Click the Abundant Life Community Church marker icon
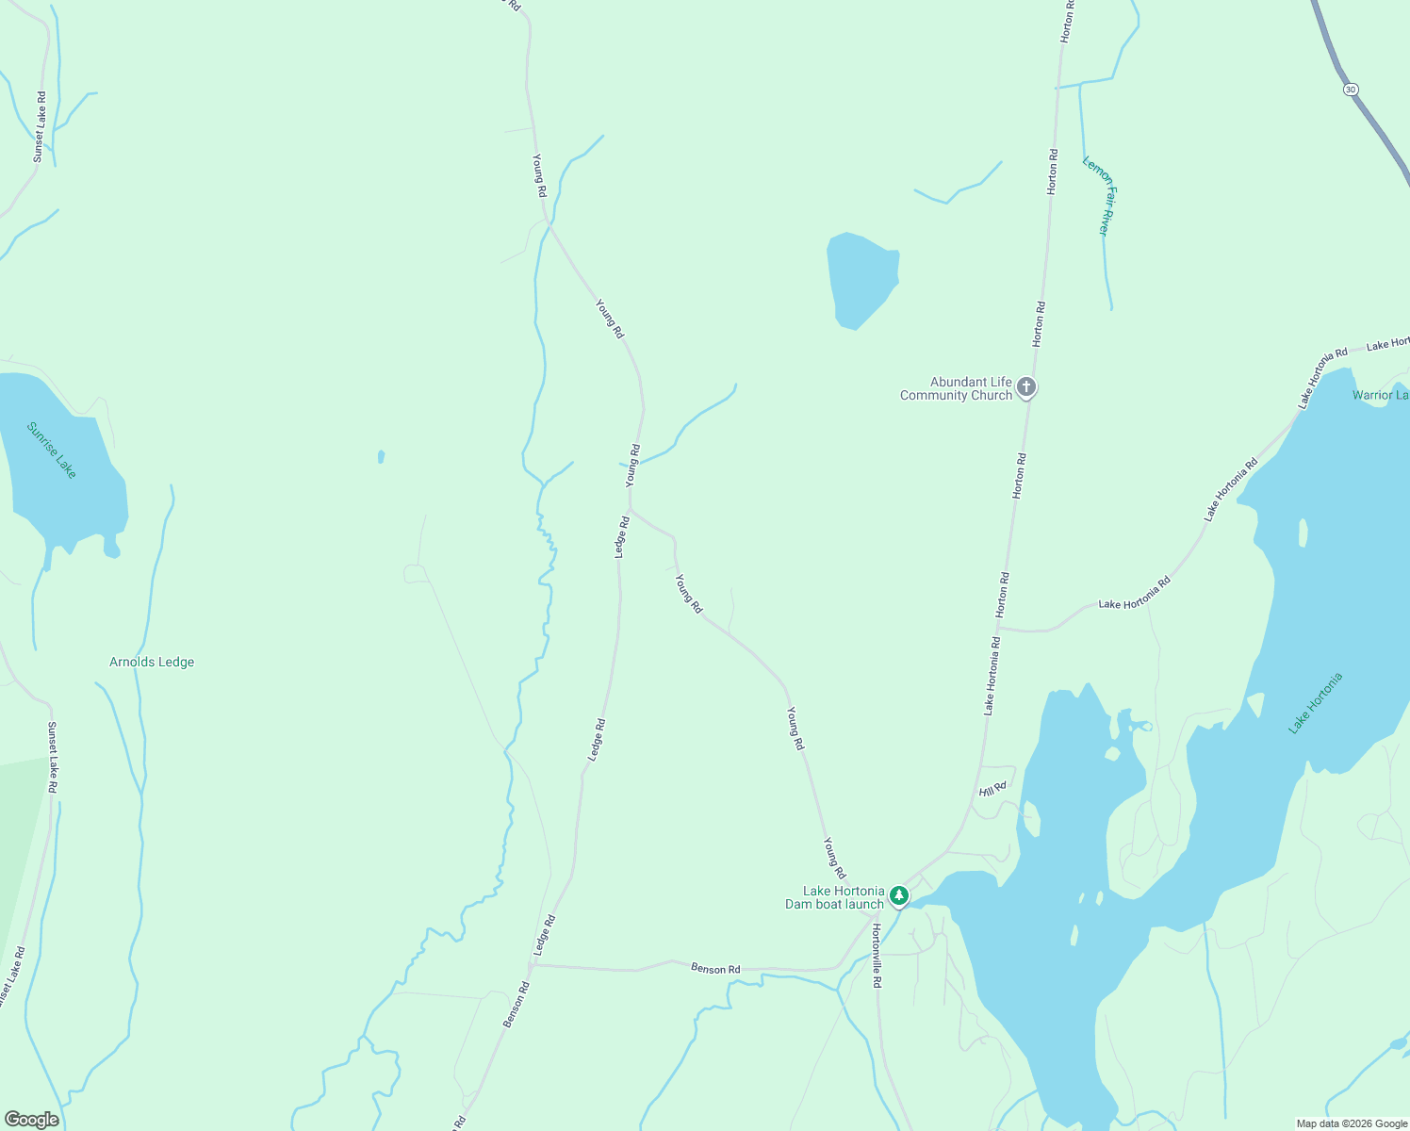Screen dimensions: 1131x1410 1026,387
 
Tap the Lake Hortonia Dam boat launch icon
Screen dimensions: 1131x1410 899,895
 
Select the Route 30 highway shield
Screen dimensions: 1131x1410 1351,90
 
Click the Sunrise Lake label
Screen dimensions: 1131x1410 51,451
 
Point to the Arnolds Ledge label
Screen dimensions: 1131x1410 152,662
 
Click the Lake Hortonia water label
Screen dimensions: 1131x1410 1315,703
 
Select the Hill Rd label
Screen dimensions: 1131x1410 992,789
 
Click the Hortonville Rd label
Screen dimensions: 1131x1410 877,955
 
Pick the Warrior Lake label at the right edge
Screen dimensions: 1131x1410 1380,395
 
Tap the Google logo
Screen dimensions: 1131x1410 31,1119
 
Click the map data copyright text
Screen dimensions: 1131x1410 1351,1123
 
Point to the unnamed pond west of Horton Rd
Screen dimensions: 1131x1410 861,279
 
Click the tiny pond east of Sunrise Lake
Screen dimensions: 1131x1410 381,457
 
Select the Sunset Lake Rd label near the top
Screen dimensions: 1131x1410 40,126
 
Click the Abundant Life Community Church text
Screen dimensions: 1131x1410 956,388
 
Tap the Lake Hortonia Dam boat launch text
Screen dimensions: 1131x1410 836,897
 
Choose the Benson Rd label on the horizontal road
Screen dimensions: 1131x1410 715,969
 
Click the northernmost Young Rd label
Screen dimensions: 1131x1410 538,175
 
